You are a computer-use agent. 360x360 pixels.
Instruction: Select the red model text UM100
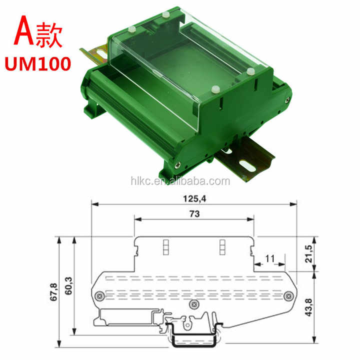37,64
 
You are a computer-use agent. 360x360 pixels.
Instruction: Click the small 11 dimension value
269,258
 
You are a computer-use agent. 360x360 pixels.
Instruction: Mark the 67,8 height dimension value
54,291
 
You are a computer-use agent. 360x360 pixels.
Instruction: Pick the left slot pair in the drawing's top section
165,246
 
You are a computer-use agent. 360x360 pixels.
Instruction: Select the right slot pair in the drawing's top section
223,246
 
